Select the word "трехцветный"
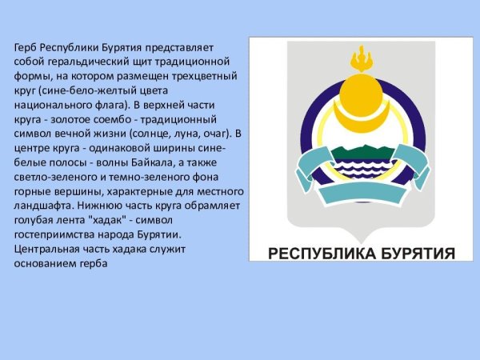tap(204, 77)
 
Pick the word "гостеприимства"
tap(54, 234)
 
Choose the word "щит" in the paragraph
tap(141, 62)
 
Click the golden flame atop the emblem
tap(362, 58)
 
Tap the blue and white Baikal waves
tap(362, 172)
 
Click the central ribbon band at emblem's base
tap(362, 194)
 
